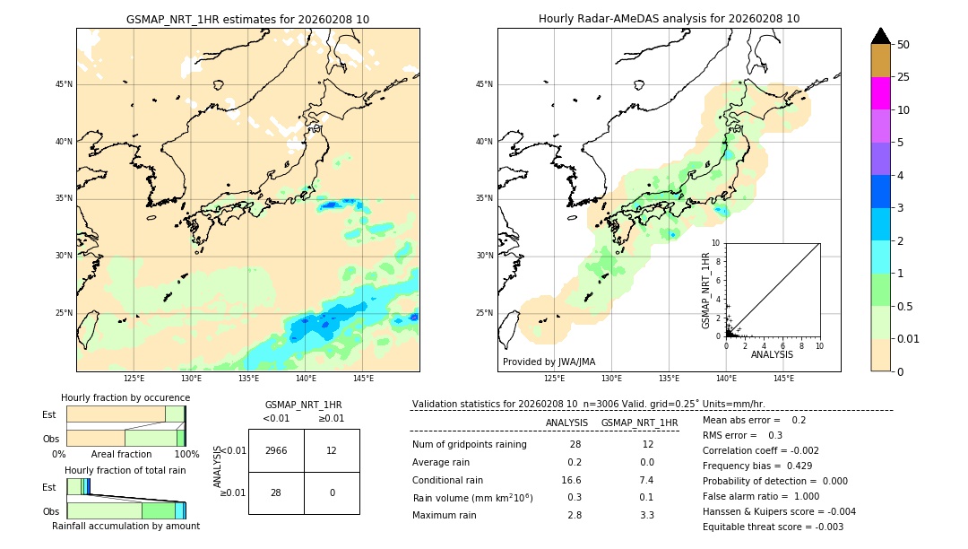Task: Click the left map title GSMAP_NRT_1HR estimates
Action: (247, 19)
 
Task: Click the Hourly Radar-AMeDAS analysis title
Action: (669, 19)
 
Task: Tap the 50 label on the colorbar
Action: (903, 45)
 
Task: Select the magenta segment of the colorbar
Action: (880, 93)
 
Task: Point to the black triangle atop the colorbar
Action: (880, 36)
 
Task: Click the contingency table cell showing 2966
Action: (276, 450)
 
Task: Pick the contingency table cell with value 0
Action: (332, 492)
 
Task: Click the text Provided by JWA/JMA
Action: (549, 362)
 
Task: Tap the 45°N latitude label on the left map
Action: (64, 84)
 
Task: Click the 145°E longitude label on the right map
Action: (783, 379)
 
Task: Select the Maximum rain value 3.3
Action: (646, 515)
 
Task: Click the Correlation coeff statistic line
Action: (760, 450)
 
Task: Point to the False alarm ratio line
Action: (760, 496)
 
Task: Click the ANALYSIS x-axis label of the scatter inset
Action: (772, 355)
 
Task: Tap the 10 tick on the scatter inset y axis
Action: (716, 243)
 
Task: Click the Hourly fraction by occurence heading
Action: (125, 397)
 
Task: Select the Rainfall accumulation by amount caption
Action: (125, 527)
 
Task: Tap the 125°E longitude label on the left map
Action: (134, 379)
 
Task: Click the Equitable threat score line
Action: (773, 527)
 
